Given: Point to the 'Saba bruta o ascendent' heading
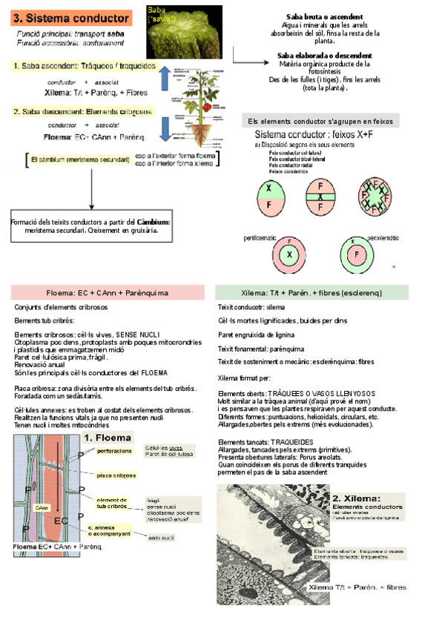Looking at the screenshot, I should click(x=324, y=16).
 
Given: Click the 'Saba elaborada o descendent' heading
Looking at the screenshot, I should click(x=324, y=56).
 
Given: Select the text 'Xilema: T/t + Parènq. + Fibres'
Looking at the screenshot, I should click(x=96, y=93).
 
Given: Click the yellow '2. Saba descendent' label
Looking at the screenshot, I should click(x=82, y=111).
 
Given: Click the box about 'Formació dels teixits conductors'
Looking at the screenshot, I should click(x=90, y=225).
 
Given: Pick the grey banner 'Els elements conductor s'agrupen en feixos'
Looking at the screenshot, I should click(x=320, y=121).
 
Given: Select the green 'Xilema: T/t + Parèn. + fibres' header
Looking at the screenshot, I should click(x=311, y=292).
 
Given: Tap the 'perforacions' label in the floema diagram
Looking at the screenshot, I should click(x=114, y=450).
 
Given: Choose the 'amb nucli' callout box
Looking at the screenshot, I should click(x=161, y=537).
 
